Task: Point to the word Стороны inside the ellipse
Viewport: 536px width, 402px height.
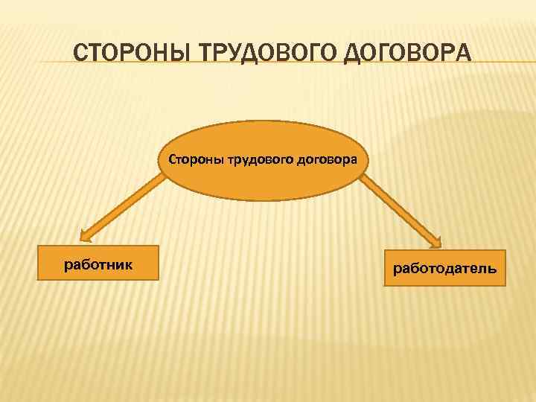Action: (194, 159)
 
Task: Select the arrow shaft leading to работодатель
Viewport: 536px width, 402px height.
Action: (398, 209)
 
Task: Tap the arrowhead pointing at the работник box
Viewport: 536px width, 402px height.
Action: (86, 237)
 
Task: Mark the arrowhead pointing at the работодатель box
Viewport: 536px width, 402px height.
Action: (436, 243)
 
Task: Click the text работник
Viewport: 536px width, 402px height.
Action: (98, 263)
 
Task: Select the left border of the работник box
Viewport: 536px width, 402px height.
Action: (38, 263)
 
